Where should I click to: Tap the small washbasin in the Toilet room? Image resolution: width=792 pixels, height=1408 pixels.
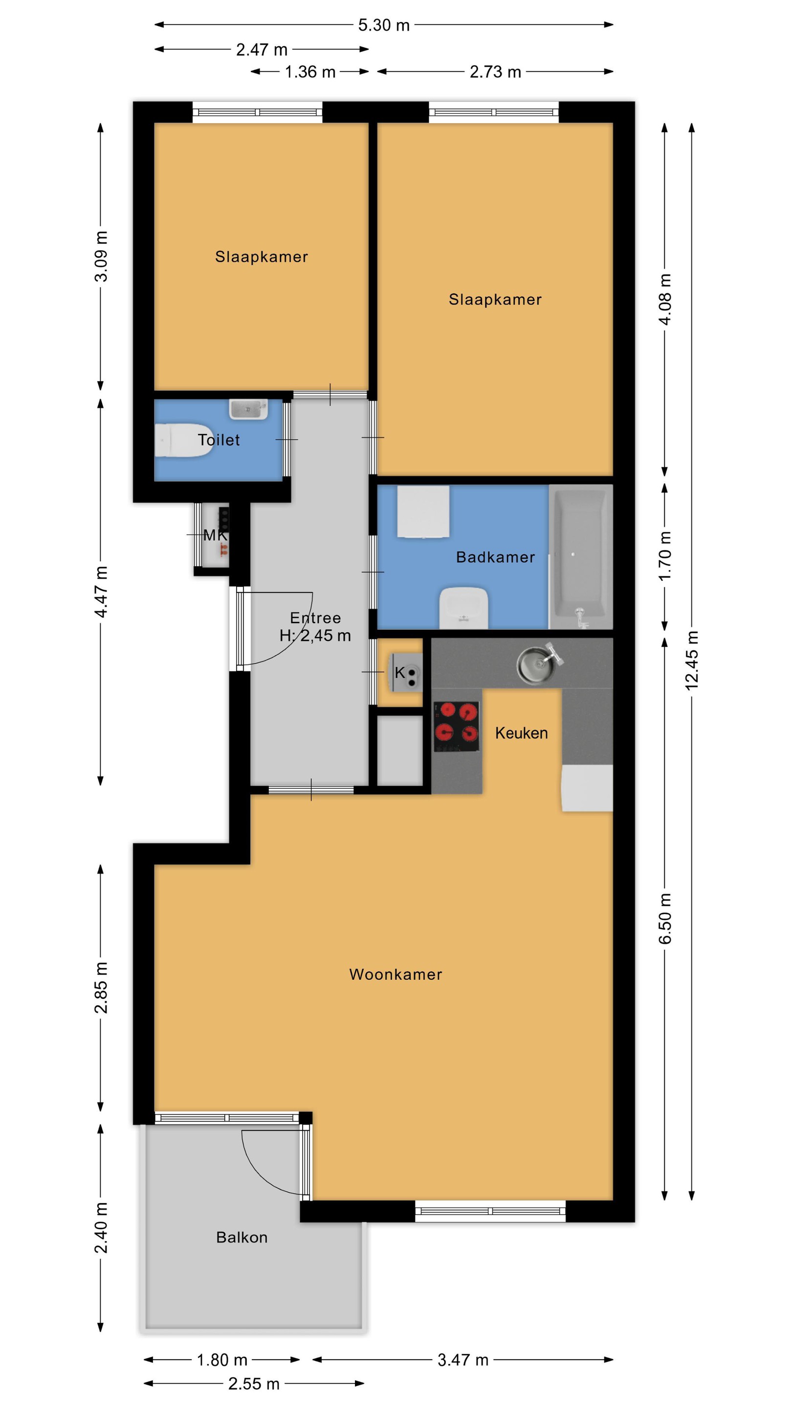point(248,409)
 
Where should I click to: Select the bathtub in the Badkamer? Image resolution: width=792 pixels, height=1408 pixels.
point(580,556)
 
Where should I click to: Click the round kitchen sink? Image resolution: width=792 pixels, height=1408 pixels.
point(538,662)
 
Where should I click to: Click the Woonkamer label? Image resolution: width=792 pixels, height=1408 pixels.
point(396,974)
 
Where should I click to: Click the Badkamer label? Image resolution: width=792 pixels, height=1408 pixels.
point(495,557)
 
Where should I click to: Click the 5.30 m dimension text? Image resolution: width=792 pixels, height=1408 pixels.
point(384,25)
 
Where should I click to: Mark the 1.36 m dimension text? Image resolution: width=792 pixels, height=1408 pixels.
point(310,71)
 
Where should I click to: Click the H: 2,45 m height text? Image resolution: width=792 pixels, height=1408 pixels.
point(315,635)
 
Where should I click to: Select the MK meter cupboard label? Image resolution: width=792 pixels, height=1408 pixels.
point(215,535)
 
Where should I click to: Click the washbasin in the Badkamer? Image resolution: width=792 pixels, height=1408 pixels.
point(463,607)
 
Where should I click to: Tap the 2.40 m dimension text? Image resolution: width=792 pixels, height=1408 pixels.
point(101,1228)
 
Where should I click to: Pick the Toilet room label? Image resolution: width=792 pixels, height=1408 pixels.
point(219,440)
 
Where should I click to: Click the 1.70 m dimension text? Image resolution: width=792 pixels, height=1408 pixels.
point(665,556)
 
